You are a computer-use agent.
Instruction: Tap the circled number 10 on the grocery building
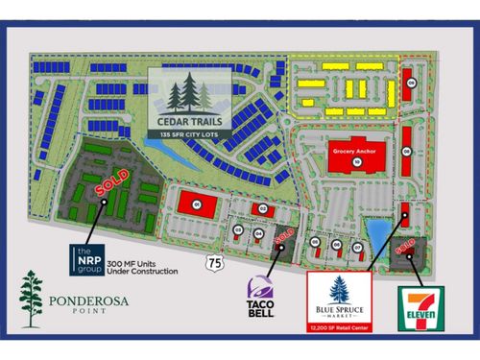[355, 163]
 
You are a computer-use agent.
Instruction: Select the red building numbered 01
[197, 204]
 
